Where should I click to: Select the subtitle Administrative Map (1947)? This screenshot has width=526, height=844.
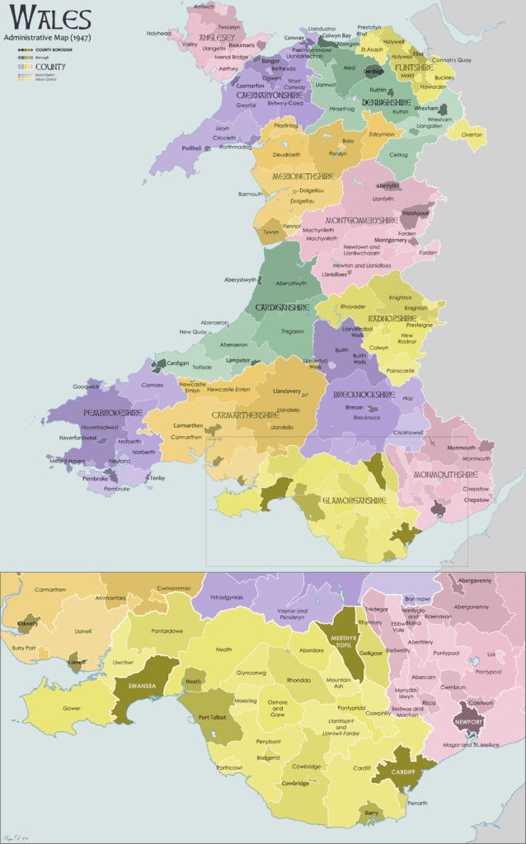[48, 38]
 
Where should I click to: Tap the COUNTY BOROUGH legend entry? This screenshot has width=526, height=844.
[54, 50]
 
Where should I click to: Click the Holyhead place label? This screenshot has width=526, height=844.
[159, 33]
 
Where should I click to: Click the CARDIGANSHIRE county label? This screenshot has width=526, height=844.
[282, 307]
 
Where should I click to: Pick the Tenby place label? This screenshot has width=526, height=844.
[157, 478]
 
